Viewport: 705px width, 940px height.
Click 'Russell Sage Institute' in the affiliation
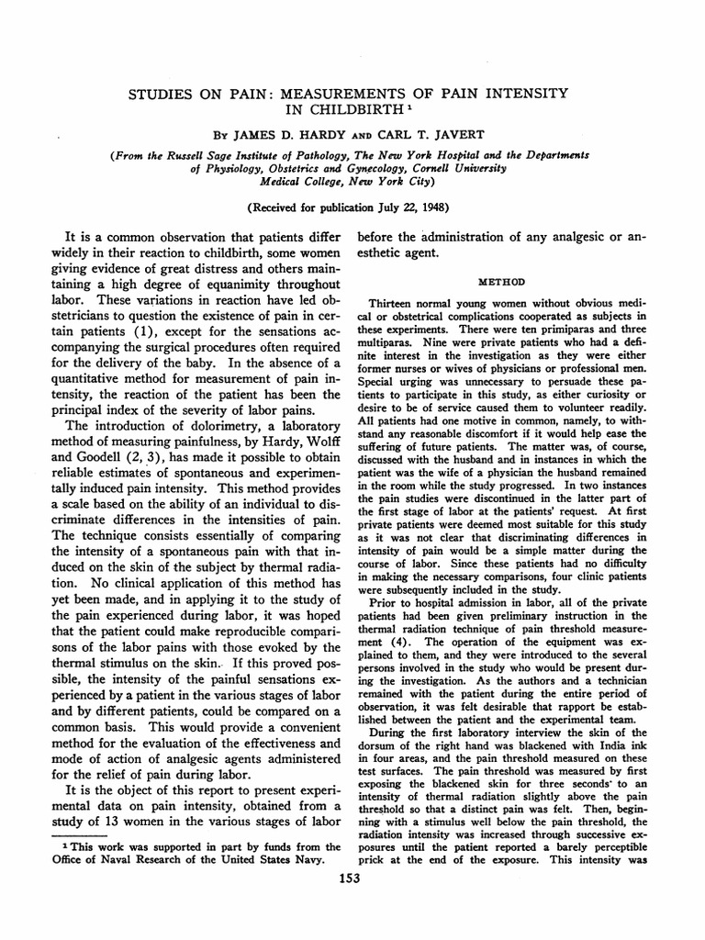coord(218,156)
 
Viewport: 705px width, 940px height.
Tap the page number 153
coord(351,878)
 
